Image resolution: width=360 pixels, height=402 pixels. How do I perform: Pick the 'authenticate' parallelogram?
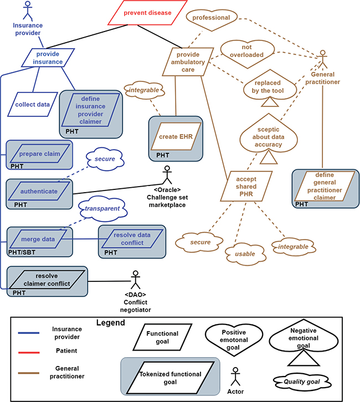39,192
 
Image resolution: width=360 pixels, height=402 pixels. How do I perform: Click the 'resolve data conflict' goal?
132,239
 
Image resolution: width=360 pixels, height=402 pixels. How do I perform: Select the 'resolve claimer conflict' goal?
47,280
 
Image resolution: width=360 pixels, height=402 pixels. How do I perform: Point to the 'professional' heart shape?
211,18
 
